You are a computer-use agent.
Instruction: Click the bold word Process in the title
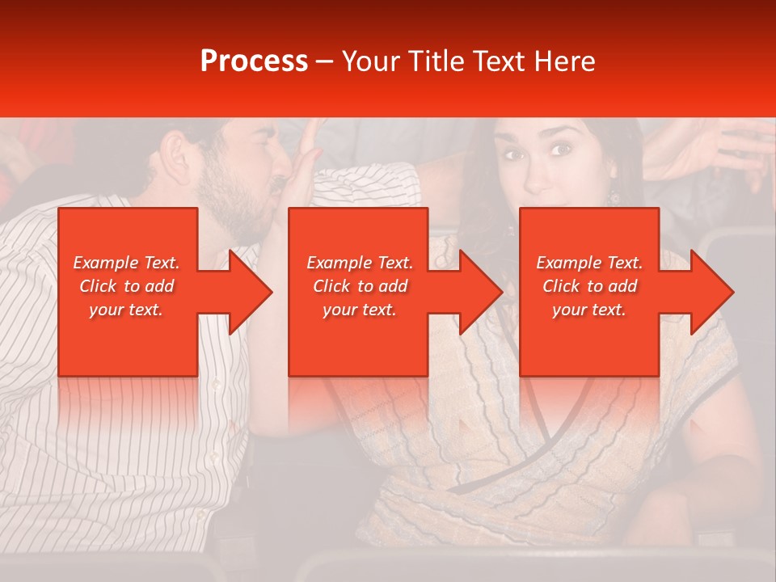(254, 61)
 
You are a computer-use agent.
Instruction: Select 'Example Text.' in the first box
(126, 263)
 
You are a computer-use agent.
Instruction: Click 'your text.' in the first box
(126, 310)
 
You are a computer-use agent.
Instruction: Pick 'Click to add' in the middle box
(360, 286)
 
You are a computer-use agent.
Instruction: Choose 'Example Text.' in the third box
(589, 263)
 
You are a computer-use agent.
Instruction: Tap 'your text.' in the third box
(589, 310)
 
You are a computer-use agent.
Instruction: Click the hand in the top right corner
(711, 150)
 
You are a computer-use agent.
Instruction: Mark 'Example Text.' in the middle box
(360, 263)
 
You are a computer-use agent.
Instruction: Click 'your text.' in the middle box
(360, 310)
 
